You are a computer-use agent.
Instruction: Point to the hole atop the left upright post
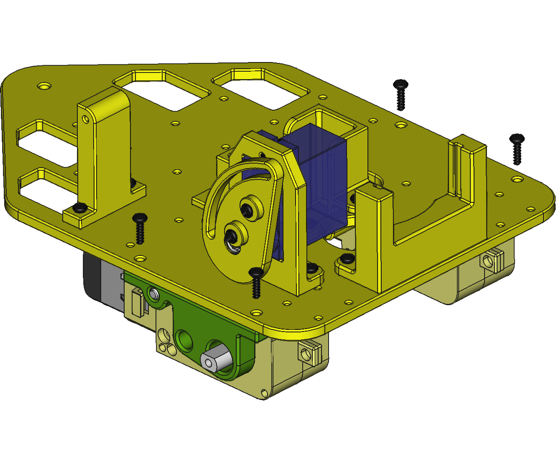click(85, 118)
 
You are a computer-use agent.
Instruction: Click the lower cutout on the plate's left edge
click(44, 190)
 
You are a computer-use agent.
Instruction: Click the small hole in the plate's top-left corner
click(44, 86)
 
